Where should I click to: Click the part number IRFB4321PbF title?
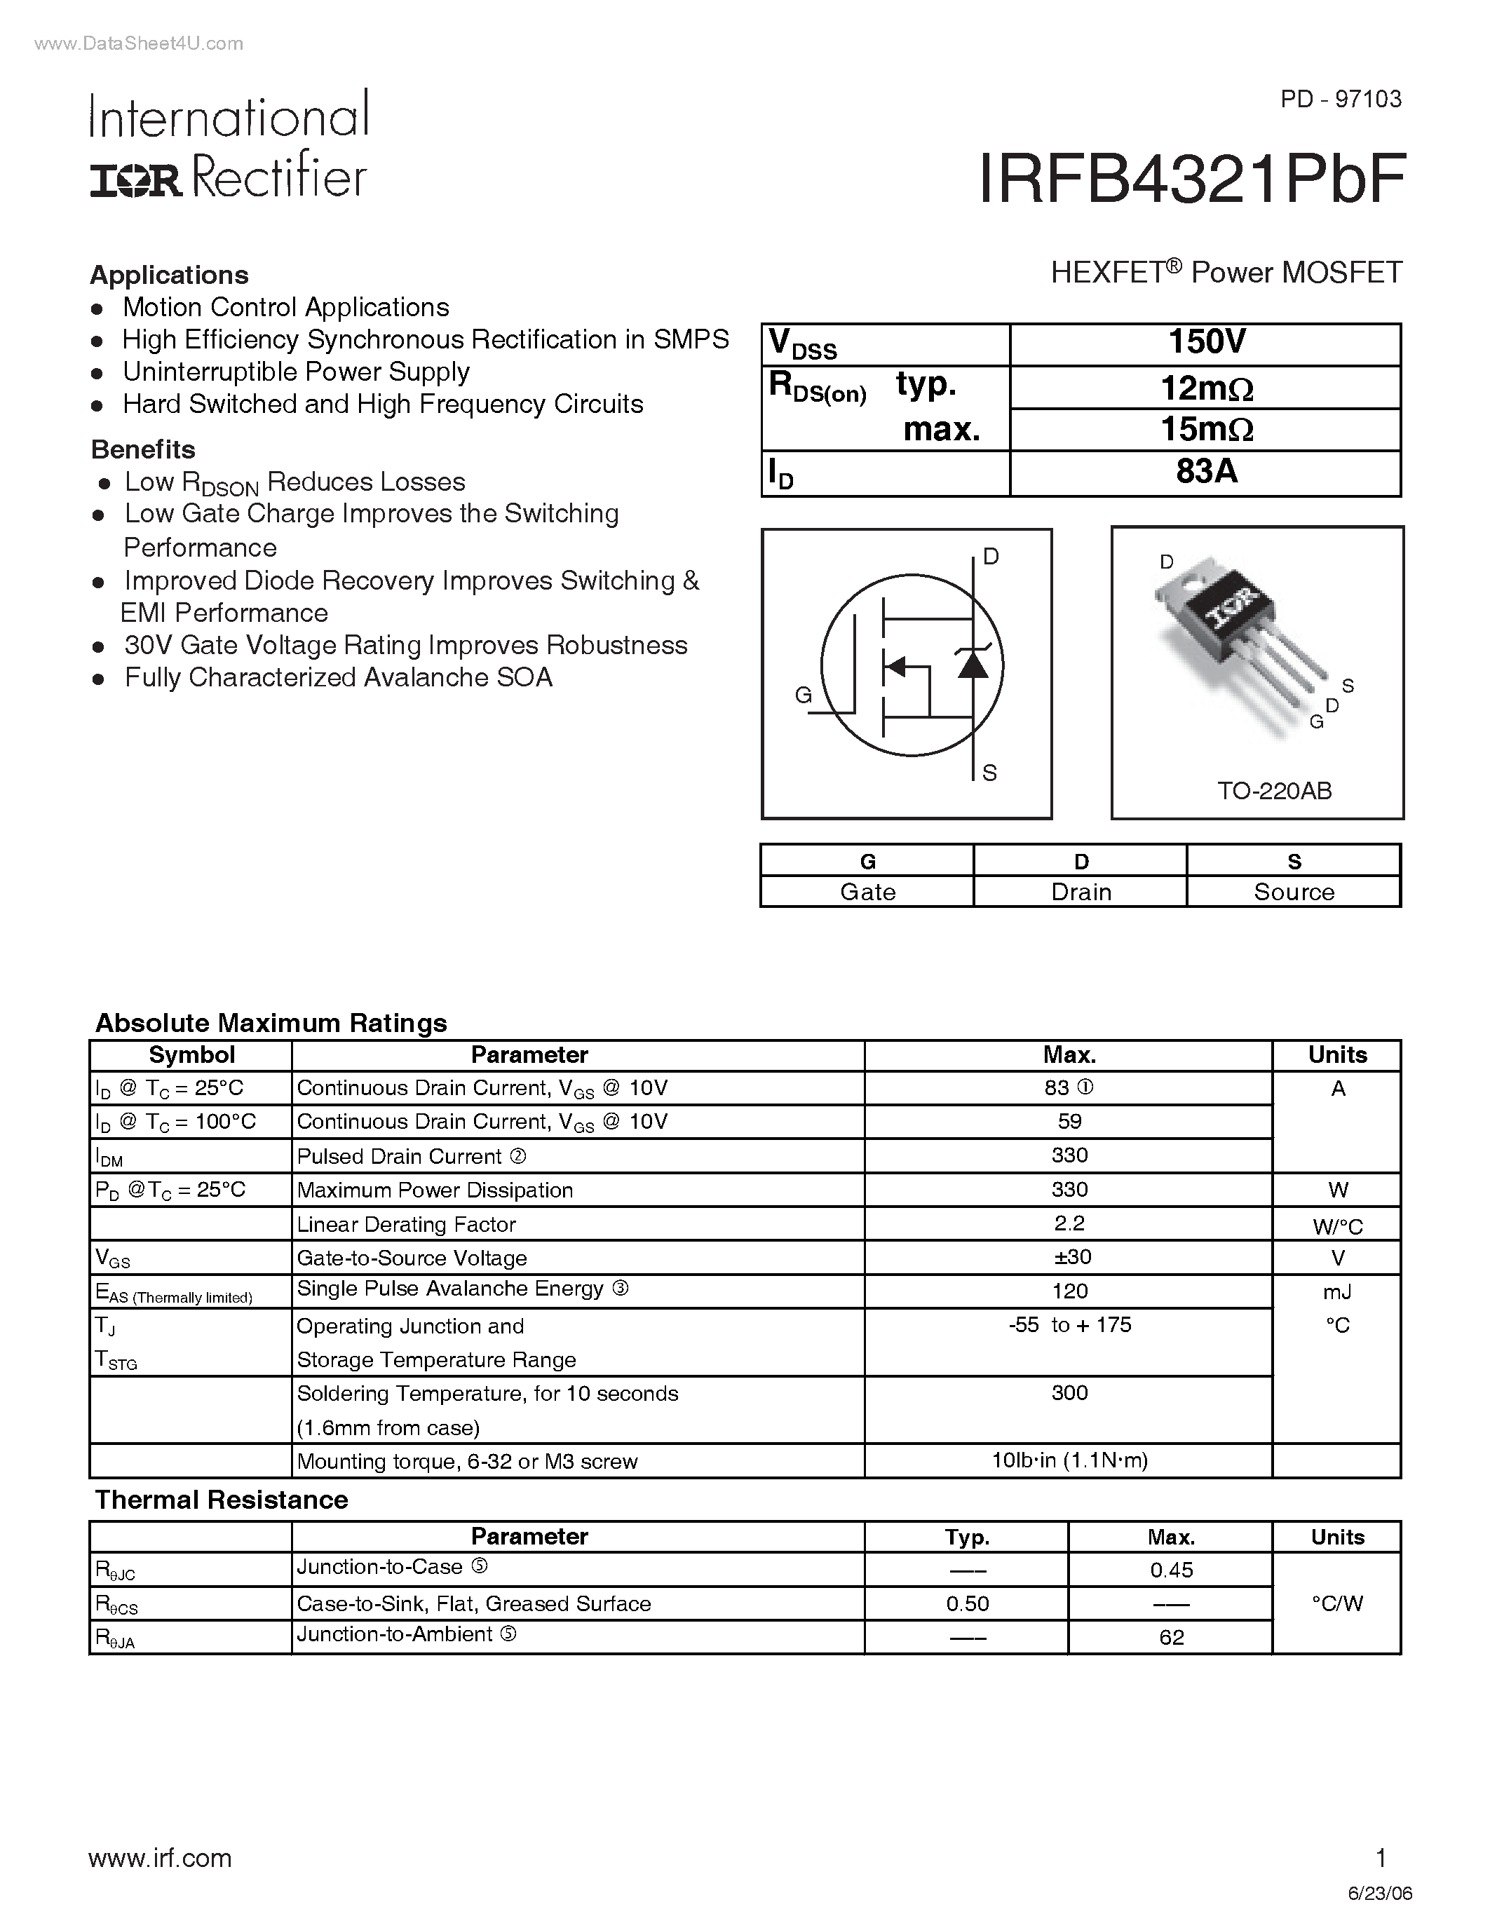[x=1191, y=180]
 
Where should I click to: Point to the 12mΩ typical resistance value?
[x=1206, y=388]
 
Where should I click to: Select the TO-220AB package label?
[x=1274, y=791]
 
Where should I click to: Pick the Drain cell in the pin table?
[x=1081, y=892]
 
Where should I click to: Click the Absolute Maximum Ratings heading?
[x=271, y=1023]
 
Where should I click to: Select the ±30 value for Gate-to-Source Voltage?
[x=1069, y=1257]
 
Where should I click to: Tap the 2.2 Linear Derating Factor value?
[x=1069, y=1223]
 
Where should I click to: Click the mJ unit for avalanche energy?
[x=1337, y=1292]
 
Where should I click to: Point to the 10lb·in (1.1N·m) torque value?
[x=1069, y=1461]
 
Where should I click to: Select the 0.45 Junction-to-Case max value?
[x=1172, y=1570]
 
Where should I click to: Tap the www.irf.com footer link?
[x=160, y=1859]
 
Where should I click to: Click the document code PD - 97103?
[x=1341, y=99]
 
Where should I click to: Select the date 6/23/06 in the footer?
[x=1381, y=1894]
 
